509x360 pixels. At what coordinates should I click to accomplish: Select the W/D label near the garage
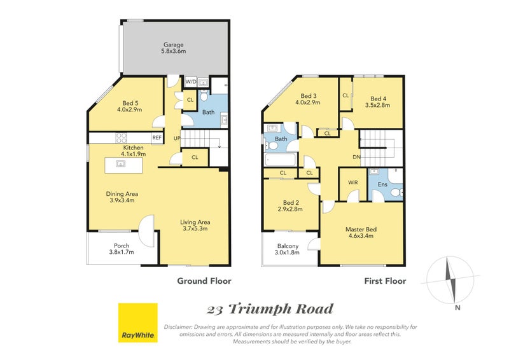click(x=190, y=82)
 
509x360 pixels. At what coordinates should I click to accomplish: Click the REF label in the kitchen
click(x=157, y=137)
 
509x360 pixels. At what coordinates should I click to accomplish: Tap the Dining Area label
click(x=123, y=197)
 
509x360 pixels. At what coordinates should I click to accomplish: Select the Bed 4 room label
click(x=378, y=102)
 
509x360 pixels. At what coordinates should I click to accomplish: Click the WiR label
click(x=352, y=183)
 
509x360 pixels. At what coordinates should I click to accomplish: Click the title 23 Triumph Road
click(x=270, y=310)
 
